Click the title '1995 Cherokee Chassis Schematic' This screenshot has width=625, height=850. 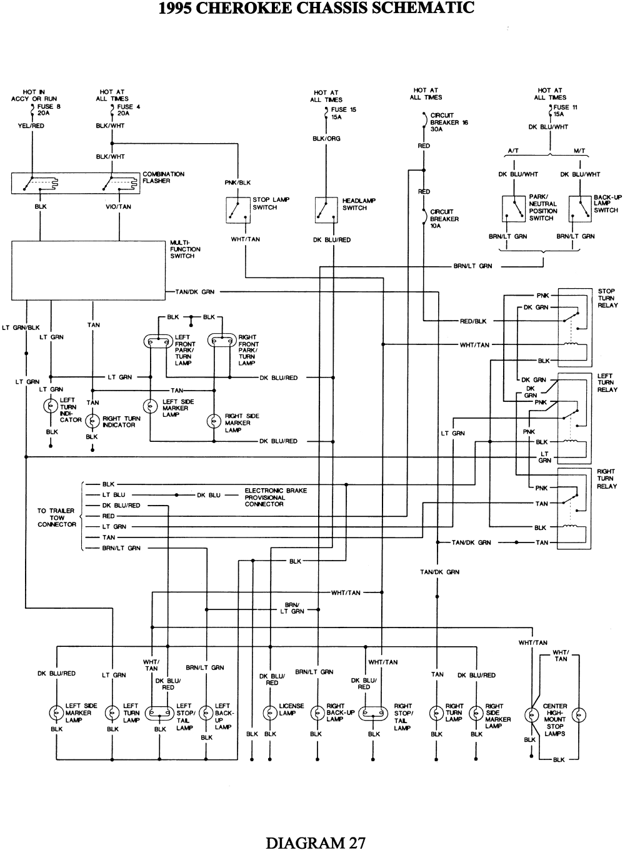pyautogui.click(x=316, y=8)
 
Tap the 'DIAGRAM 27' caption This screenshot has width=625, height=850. pyautogui.click(x=316, y=842)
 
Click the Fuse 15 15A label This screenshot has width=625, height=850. pyautogui.click(x=343, y=113)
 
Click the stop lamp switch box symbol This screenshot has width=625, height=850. pyautogui.click(x=237, y=209)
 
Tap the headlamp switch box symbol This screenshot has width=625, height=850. pyautogui.click(x=326, y=209)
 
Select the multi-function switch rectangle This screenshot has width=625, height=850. pyautogui.click(x=89, y=270)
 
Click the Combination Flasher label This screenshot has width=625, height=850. pyautogui.click(x=163, y=177)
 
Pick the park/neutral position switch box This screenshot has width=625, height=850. pyautogui.click(x=514, y=209)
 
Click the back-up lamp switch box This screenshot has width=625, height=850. pyautogui.click(x=580, y=209)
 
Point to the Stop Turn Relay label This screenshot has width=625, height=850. pyautogui.click(x=607, y=298)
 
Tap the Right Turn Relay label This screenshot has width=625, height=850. pyautogui.click(x=606, y=479)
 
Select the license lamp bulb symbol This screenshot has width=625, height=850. pyautogui.click(x=270, y=713)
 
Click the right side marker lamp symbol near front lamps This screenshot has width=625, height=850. pyautogui.click(x=214, y=421)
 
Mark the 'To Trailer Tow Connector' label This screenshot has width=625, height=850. pyautogui.click(x=57, y=517)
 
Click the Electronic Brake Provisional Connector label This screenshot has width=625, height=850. pyautogui.click(x=276, y=497)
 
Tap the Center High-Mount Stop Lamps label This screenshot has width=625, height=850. pyautogui.click(x=554, y=719)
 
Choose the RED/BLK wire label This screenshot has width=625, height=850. pyautogui.click(x=473, y=321)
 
